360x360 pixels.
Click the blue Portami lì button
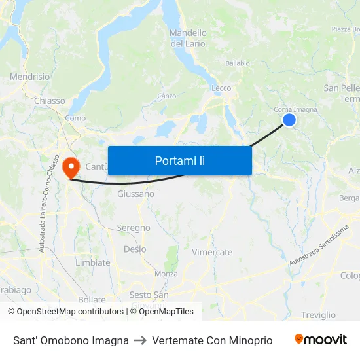[179, 160]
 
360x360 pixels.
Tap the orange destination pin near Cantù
[70, 167]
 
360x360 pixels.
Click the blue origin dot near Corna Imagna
[289, 119]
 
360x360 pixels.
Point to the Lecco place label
[221, 88]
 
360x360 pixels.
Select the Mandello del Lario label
[188, 38]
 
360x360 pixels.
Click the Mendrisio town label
[29, 77]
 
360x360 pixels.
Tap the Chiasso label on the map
[50, 101]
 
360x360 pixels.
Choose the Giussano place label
[135, 194]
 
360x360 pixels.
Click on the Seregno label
[134, 228]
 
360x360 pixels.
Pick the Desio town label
[135, 249]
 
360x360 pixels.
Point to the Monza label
[166, 274]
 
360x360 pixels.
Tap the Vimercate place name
[212, 252]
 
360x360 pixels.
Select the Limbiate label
[93, 262]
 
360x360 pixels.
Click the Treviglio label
[319, 315]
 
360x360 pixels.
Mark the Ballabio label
[238, 63]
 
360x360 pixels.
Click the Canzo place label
[166, 96]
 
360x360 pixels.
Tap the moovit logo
[321, 340]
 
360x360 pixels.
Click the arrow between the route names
[140, 340]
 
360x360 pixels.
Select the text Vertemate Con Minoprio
[212, 340]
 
